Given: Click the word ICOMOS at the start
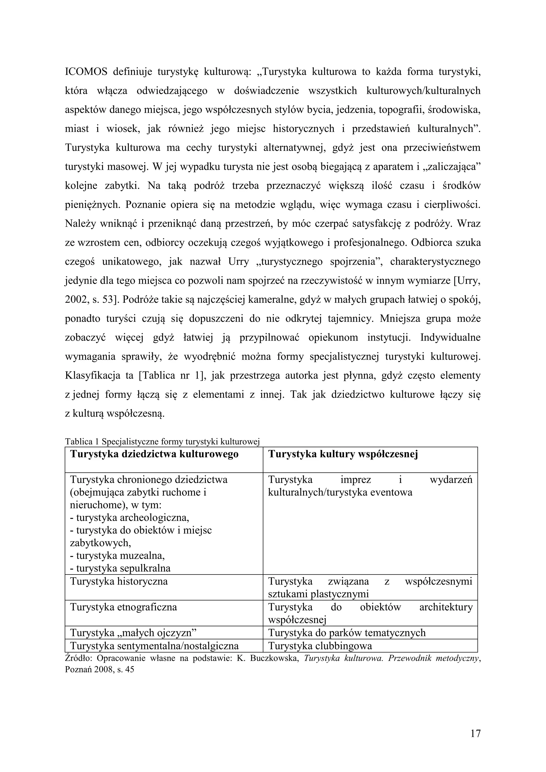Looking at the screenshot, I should pyautogui.click(x=86, y=72).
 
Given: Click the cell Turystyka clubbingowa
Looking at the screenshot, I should pyautogui.click(x=320, y=646).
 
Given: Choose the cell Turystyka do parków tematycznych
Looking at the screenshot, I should pyautogui.click(x=347, y=633).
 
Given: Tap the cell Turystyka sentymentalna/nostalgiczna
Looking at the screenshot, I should pyautogui.click(x=154, y=646).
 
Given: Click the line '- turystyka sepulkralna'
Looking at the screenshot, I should pyautogui.click(x=120, y=569).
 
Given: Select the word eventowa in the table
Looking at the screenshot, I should pyautogui.click(x=391, y=493).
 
